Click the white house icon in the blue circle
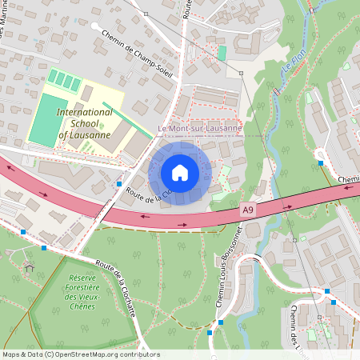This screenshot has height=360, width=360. (180, 172)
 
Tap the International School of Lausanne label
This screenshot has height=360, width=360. (84, 123)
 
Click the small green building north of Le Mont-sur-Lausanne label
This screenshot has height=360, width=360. (222, 52)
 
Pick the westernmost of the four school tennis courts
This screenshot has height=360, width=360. (52, 77)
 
